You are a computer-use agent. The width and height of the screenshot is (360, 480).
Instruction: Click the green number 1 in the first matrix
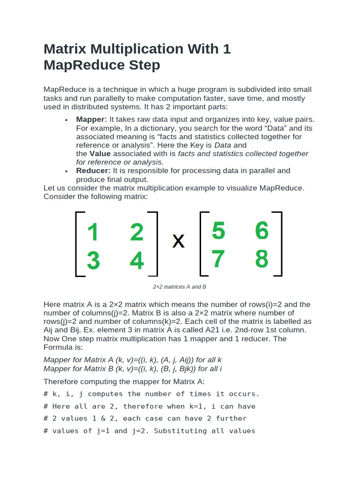click(x=93, y=232)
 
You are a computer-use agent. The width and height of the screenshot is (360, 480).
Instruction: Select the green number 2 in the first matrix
click(x=136, y=232)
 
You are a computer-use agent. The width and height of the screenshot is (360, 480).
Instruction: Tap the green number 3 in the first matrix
click(x=93, y=261)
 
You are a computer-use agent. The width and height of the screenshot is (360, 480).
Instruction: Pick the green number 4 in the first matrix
click(x=136, y=261)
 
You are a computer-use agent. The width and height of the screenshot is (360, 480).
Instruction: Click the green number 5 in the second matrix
click(x=218, y=231)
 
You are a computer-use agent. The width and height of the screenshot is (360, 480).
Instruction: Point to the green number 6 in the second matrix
click(x=262, y=231)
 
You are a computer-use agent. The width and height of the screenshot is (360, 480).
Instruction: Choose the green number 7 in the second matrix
click(x=218, y=259)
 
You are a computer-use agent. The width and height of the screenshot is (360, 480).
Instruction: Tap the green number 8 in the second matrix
click(x=262, y=259)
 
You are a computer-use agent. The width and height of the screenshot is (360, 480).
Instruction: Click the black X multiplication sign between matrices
click(x=178, y=242)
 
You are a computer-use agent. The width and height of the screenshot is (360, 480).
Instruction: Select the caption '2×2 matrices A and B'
click(x=180, y=287)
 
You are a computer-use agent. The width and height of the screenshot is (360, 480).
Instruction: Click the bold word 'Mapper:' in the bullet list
click(x=91, y=120)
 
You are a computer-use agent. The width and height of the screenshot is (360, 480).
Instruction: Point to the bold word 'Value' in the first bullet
click(x=100, y=154)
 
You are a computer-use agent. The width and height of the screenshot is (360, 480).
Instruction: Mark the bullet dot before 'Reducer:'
click(x=67, y=172)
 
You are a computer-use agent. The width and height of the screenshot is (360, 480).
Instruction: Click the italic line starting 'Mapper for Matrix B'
click(x=133, y=369)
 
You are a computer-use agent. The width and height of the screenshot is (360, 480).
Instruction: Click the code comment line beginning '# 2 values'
click(x=145, y=418)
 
